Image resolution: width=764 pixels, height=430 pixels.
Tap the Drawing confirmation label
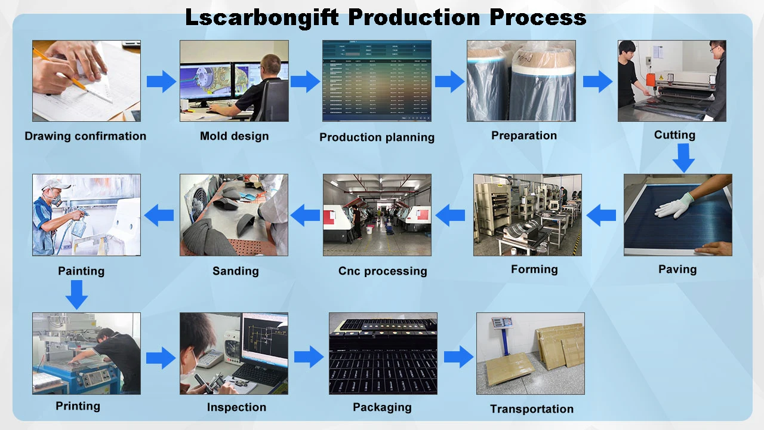point(85,136)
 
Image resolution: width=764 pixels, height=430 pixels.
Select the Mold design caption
point(234,136)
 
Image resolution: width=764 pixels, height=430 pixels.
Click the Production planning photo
point(377,81)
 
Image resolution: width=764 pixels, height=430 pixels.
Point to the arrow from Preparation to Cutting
point(597,81)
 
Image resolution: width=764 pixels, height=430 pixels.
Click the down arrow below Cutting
point(683,158)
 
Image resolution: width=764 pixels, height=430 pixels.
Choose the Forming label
point(534,269)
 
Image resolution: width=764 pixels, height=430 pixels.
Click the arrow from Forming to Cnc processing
point(451,215)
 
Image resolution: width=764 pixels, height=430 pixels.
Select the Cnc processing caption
point(383,271)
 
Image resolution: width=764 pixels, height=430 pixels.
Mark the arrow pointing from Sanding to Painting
point(159,215)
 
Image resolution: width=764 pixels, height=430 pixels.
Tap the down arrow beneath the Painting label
point(76,294)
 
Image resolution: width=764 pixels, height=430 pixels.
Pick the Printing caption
point(78,406)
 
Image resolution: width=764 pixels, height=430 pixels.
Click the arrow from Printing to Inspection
point(161,357)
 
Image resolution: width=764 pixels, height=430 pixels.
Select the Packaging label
point(382,407)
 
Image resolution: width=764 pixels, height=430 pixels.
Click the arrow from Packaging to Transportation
point(458,357)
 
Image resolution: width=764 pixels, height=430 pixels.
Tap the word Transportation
point(531,409)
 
